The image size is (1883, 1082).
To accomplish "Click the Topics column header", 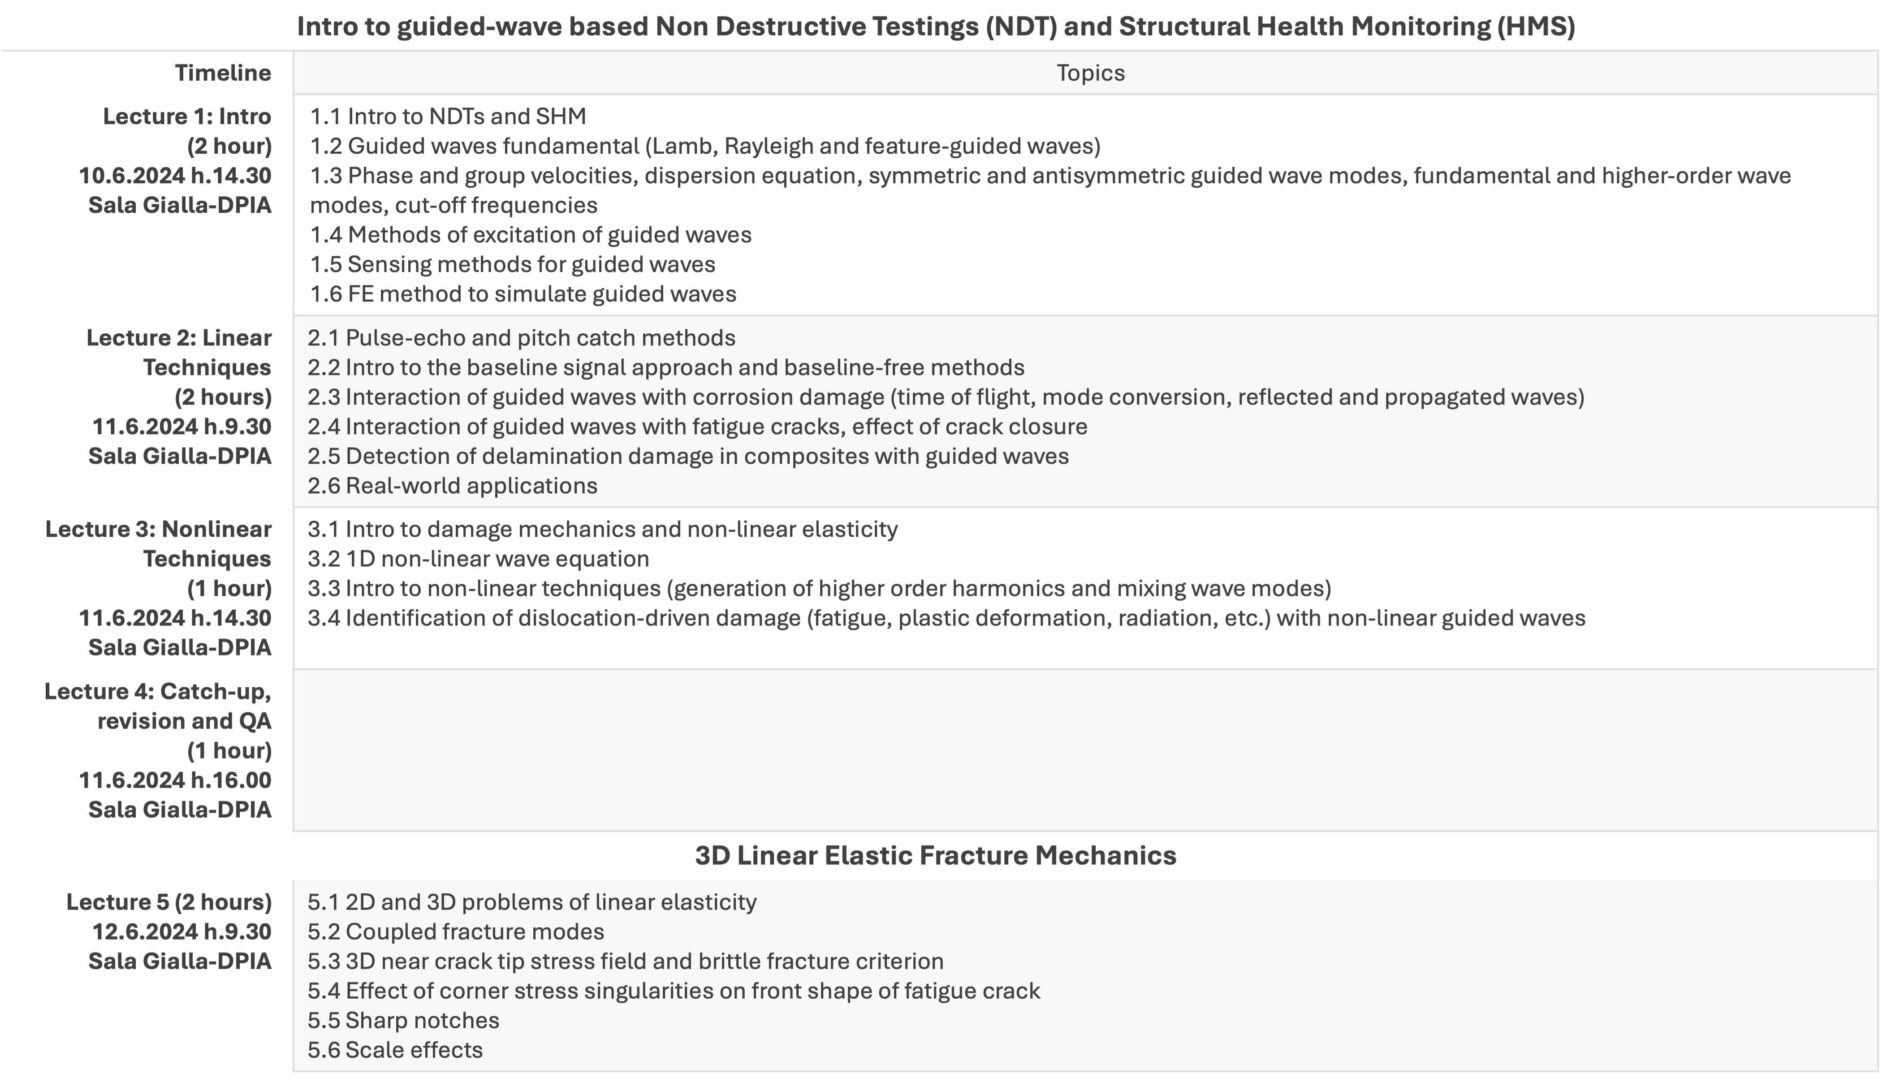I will pos(1090,73).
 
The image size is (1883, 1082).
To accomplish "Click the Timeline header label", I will pos(223,73).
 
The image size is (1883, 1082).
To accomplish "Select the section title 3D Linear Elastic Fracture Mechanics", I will pos(936,855).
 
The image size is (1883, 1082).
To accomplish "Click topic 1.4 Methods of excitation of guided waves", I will pos(531,235).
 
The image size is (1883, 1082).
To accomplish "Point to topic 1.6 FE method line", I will pos(523,294).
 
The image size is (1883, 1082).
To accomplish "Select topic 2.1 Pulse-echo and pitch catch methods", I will pos(521,338).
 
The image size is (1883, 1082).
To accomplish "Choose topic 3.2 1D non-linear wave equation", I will pos(479,559).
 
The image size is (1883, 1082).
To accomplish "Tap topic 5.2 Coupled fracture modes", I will pos(456,932).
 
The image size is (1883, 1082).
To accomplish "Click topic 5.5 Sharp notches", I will pos(403,1020).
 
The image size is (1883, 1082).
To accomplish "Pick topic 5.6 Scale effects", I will pos(395,1050).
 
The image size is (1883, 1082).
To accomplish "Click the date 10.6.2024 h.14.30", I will pos(175,176).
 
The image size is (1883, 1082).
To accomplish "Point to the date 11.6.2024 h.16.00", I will pos(175,780).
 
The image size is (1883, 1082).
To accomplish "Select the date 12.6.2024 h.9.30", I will pos(181,932).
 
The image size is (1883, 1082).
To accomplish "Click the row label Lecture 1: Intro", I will pos(187,116).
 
